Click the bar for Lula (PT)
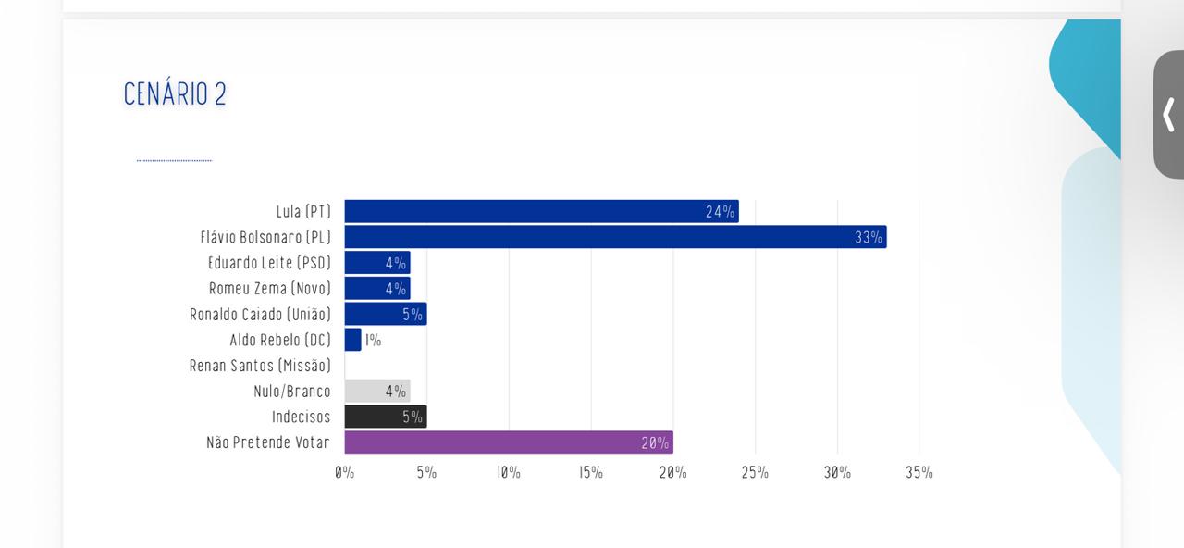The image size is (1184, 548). [x=541, y=211]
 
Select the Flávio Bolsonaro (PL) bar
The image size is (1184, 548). [x=615, y=237]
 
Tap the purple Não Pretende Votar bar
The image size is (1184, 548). [x=509, y=442]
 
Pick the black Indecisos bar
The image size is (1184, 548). [x=386, y=417]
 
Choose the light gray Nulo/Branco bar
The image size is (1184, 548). [x=377, y=391]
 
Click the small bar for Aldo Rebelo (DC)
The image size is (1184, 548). [x=352, y=340]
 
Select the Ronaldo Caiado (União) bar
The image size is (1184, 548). [x=386, y=314]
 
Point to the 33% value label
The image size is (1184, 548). [x=869, y=238]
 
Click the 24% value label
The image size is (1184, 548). [x=720, y=212]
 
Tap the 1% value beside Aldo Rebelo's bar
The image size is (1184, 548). [x=373, y=340]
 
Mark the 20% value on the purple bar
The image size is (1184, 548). [x=655, y=443]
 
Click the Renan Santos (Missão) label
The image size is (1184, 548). [x=260, y=366]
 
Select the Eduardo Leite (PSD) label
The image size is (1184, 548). [x=269, y=263]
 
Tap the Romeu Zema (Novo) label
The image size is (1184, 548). [x=269, y=289]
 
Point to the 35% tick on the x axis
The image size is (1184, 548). [x=919, y=472]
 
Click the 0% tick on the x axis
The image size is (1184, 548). [x=344, y=472]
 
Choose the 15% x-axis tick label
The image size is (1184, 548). [x=591, y=472]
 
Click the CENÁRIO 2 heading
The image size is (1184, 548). [x=175, y=94]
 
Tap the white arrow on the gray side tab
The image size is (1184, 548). [x=1168, y=115]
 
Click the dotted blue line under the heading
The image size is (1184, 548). [x=174, y=160]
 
